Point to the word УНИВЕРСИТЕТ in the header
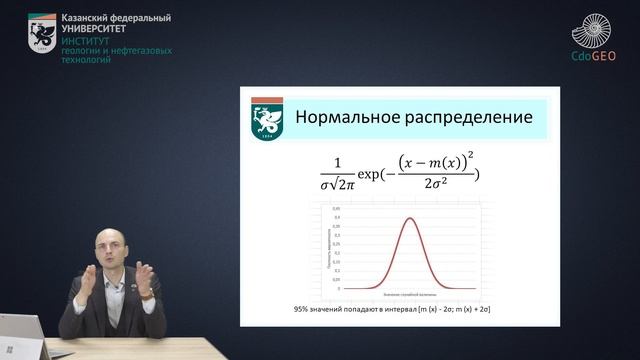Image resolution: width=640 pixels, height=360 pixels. pyautogui.click(x=95, y=30)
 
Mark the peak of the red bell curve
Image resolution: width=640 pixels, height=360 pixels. pyautogui.click(x=408, y=219)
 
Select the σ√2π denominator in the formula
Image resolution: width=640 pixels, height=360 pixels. pyautogui.click(x=338, y=185)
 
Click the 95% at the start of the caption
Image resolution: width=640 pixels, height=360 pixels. pyautogui.click(x=304, y=311)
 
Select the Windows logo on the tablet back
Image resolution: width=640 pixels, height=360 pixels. pyautogui.click(x=13, y=349)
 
